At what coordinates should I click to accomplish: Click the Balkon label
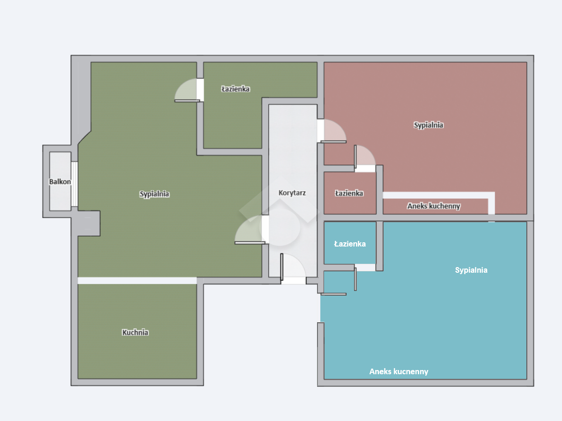[x=60, y=182]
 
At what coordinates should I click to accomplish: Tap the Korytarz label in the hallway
[x=292, y=193]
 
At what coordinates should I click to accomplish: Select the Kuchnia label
[x=135, y=332]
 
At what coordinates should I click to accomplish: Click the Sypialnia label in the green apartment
[x=154, y=194]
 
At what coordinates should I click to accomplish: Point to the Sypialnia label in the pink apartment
[x=429, y=125]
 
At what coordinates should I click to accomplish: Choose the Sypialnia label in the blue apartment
[x=471, y=270]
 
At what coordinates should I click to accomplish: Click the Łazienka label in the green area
[x=236, y=89]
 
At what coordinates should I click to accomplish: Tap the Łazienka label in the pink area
[x=349, y=193]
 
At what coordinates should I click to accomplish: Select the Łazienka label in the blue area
[x=350, y=244]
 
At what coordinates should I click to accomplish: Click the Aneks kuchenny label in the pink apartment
[x=434, y=206]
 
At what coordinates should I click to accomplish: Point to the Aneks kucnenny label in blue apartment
[x=399, y=371]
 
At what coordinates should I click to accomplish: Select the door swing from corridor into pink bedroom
[x=334, y=131]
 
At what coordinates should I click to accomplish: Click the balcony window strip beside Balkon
[x=74, y=184]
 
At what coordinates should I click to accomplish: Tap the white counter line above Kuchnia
[x=137, y=280]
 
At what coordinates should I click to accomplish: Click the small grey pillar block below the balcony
[x=89, y=223]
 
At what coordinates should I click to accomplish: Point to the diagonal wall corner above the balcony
[x=84, y=138]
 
